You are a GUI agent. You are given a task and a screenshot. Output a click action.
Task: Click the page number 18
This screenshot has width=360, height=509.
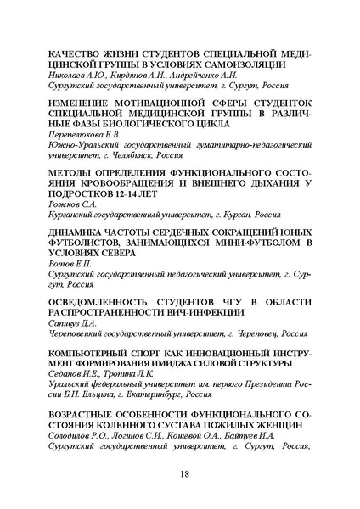click(x=180, y=475)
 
